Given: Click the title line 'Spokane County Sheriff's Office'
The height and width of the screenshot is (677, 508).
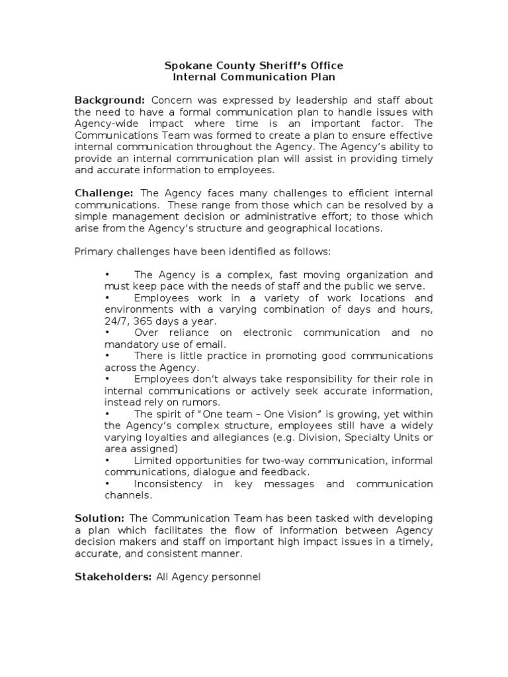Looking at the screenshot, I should pyautogui.click(x=254, y=65).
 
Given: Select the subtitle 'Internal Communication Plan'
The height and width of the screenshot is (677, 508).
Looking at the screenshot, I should pyautogui.click(x=254, y=77).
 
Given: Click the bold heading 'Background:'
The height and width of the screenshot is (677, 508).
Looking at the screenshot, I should pyautogui.click(x=109, y=100).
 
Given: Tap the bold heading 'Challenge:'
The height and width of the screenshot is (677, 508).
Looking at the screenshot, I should pyautogui.click(x=104, y=193).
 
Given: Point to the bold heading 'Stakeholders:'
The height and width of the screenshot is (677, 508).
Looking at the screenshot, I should pyautogui.click(x=113, y=577).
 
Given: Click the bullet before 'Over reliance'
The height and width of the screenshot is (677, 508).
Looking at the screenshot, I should pyautogui.click(x=107, y=333).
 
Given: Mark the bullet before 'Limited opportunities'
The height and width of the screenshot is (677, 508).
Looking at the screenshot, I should pyautogui.click(x=107, y=460).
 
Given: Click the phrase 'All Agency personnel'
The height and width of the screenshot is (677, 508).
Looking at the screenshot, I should pyautogui.click(x=208, y=577).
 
